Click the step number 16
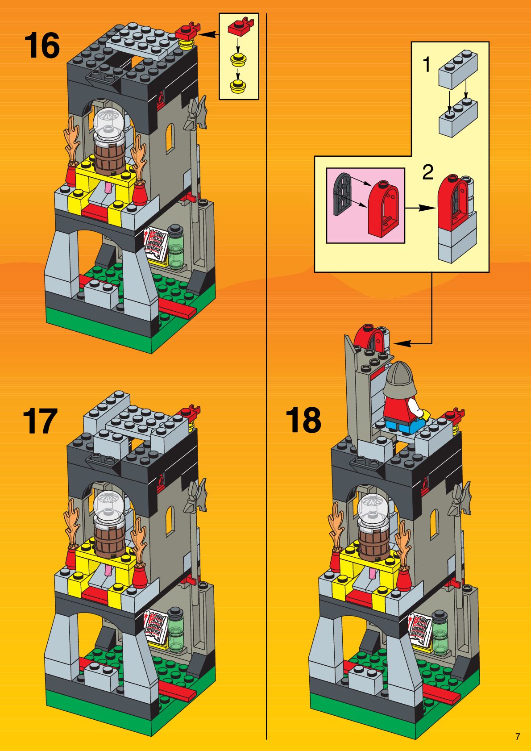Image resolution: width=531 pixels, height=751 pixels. pyautogui.click(x=42, y=45)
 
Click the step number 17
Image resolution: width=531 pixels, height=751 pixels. pyautogui.click(x=40, y=421)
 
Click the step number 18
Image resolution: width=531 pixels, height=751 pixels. pyautogui.click(x=303, y=420)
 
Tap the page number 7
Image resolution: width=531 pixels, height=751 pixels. pyautogui.click(x=518, y=737)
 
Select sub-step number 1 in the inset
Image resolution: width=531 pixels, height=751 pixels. pyautogui.click(x=427, y=65)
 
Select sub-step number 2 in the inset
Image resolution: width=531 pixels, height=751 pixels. pyautogui.click(x=427, y=172)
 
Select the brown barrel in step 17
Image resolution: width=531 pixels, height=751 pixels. pyautogui.click(x=108, y=538)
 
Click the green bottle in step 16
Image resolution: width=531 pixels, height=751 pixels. pyautogui.click(x=176, y=246)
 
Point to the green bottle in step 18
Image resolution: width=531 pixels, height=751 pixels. pyautogui.click(x=440, y=633)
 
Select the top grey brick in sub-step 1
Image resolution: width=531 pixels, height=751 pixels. pyautogui.click(x=458, y=69)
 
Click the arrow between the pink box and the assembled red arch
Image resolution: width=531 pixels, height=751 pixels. pyautogui.click(x=420, y=207)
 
